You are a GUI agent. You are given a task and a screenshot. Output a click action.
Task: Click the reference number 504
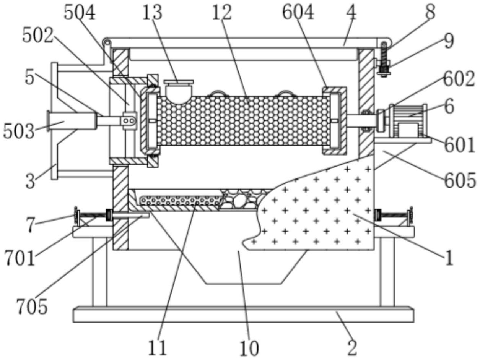(80, 13)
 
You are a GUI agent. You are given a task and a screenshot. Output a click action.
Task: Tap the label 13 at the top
(152, 13)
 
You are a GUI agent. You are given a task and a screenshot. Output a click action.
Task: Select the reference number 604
(298, 12)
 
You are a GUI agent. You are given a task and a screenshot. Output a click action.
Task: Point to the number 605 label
(460, 180)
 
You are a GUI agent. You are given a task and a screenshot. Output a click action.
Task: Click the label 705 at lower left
(32, 306)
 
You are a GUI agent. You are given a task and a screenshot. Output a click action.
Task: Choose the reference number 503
(19, 131)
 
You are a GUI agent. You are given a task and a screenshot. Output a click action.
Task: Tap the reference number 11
(158, 348)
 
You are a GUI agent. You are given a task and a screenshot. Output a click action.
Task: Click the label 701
(20, 258)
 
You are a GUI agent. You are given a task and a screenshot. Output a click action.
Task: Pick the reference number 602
(459, 79)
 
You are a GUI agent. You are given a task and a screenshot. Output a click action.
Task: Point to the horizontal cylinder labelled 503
(72, 121)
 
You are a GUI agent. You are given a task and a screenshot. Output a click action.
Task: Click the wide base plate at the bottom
(243, 315)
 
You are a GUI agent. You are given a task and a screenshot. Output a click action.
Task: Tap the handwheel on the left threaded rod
(76, 215)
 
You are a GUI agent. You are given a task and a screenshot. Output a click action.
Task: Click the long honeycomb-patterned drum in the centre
(244, 121)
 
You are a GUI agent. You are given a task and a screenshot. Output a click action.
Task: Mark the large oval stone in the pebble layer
(240, 201)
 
